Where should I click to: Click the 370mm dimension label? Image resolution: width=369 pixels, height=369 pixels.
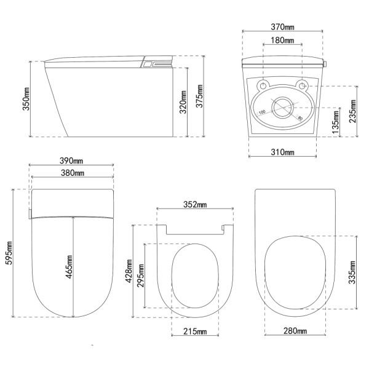coord(282,27)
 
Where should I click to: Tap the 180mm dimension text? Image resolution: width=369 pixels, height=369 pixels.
coord(282,40)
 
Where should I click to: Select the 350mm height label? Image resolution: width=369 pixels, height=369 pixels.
coord(26,99)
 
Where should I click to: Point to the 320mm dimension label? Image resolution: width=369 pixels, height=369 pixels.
coord(183,102)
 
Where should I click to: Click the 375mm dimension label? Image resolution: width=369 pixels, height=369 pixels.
coord(199,96)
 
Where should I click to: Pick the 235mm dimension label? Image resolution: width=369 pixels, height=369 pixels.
coord(352,111)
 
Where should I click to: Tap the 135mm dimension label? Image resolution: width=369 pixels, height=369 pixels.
coord(336,122)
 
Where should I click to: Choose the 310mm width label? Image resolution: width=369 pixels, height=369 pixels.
coord(282,152)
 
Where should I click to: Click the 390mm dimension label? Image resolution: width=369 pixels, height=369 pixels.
coord(71,161)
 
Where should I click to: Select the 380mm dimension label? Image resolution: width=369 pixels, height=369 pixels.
coord(73,173)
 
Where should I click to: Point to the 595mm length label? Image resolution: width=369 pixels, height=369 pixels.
coord(9,253)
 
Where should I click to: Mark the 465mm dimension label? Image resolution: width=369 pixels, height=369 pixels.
coord(69,267)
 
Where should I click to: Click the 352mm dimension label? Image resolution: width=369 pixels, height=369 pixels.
coord(195,205)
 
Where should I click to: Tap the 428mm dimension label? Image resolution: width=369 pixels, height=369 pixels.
coord(129,271)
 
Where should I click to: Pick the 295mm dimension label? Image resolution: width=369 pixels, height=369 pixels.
coord(141,276)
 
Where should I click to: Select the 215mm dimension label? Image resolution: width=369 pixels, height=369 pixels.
coord(195,331)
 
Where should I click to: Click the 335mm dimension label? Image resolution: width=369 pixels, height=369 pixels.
coord(352,272)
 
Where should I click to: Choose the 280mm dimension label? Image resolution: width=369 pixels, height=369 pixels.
coord(295,331)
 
